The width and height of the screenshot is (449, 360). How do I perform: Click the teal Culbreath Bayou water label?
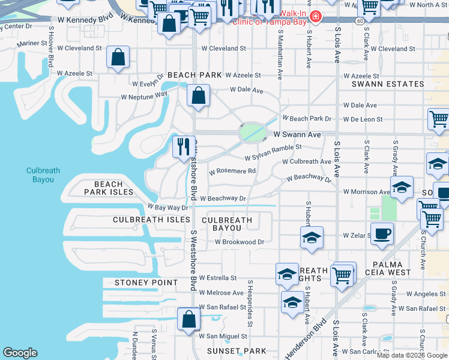click(x=43, y=175)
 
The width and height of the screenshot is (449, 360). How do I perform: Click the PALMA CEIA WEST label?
click(x=391, y=268)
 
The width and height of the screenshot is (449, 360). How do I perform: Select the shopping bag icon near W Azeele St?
click(x=118, y=58)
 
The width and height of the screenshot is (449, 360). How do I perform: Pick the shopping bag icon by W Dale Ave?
click(x=197, y=96)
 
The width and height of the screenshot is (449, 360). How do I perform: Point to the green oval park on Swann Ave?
click(x=252, y=132)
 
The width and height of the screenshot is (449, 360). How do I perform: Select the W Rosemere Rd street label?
click(x=232, y=171)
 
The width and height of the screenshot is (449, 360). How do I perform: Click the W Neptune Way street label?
click(x=144, y=95)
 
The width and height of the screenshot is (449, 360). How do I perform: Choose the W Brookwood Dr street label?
click(x=240, y=242)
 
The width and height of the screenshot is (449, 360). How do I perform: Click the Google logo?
click(x=20, y=353)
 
